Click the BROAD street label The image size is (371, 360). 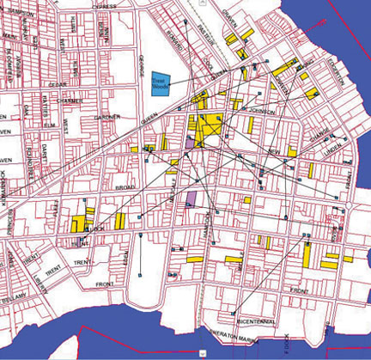pos(124,186)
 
